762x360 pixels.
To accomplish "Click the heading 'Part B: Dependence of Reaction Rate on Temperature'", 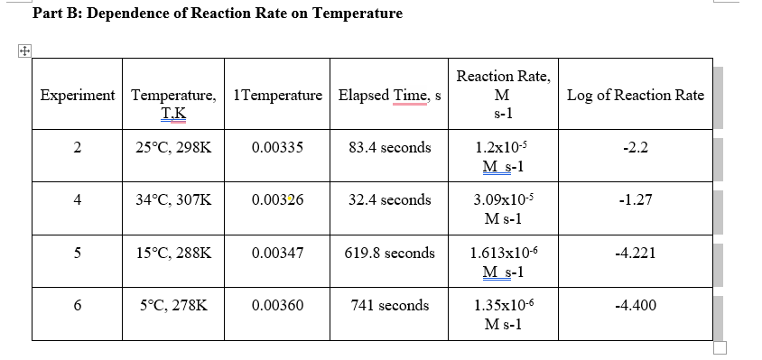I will tap(217, 14).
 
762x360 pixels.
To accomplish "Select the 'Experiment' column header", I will tap(78, 95).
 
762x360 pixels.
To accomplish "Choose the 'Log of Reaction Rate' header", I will tap(636, 95).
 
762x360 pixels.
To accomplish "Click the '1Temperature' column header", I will tap(277, 95).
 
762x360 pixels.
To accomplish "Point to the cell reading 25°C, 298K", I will tap(174, 147).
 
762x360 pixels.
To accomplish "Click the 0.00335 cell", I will tap(277, 147).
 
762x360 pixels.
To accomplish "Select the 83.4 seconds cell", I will tap(390, 147).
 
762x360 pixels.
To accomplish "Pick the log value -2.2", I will tap(636, 147).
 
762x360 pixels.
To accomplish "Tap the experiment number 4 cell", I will tap(78, 200).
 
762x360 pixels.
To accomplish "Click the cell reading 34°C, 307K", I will tap(174, 200).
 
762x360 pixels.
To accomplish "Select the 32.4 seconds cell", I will tap(390, 200).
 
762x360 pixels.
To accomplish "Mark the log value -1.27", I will tap(636, 200).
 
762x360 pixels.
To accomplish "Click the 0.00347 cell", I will tap(277, 253).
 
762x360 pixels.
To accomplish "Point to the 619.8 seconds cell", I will tap(390, 253).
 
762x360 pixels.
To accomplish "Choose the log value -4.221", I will tap(636, 253).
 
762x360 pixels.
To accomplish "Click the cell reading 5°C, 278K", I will tap(174, 306).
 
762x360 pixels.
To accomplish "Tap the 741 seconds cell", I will tap(390, 306).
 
